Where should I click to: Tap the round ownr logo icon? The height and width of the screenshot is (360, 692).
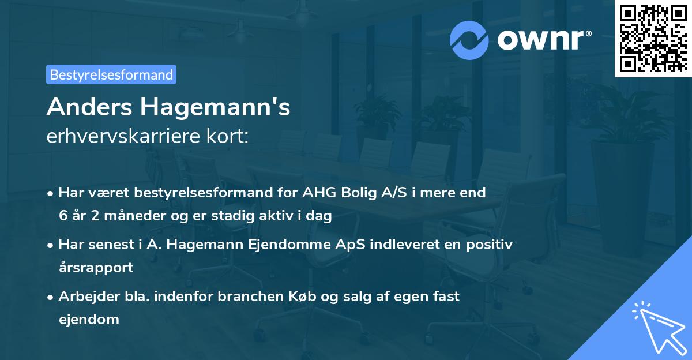(469, 40)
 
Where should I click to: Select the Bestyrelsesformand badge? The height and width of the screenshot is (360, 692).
(111, 74)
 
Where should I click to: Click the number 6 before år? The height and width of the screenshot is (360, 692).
(62, 216)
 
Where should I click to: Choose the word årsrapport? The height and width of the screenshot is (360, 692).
(96, 268)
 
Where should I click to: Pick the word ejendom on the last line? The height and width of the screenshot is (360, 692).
(89, 319)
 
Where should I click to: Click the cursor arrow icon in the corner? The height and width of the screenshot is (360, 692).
(658, 326)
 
